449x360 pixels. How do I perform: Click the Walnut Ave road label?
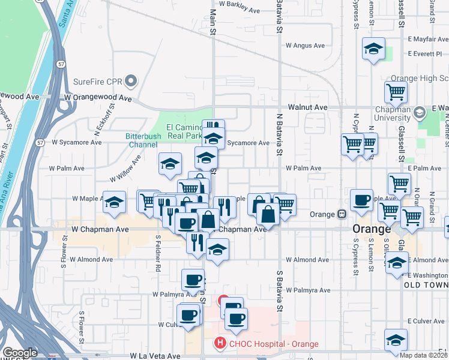(307, 107)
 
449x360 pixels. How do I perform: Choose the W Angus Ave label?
(305, 45)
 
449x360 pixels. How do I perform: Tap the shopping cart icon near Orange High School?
(396, 92)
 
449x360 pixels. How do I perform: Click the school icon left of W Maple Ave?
(114, 202)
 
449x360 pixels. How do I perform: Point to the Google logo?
(20, 353)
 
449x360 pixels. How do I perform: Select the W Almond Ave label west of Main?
(91, 260)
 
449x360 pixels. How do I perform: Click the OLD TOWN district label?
(425, 284)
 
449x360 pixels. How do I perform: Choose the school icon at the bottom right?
(396, 340)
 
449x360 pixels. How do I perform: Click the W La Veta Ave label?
(155, 356)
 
